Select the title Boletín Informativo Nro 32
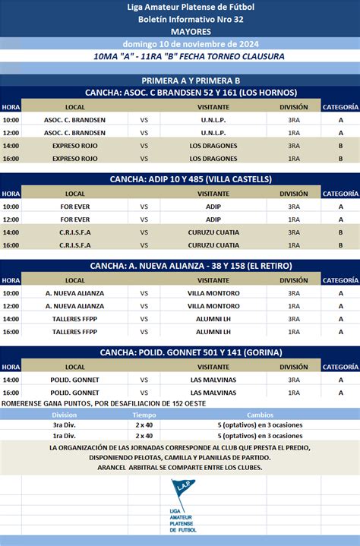coord(180,18)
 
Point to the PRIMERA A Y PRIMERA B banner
coord(180,80)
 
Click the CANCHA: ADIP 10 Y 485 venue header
coord(180,179)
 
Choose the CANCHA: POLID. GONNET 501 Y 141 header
coord(180,353)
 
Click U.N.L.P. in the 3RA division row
coord(213,120)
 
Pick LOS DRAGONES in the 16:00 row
coord(213,159)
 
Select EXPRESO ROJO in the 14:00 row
coord(75,146)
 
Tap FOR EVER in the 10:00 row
coord(75,207)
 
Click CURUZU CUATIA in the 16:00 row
coord(213,245)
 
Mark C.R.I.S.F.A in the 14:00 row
coord(75,232)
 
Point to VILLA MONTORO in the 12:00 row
coord(213,306)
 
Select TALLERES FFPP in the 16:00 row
coord(75,332)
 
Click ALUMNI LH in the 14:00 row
coord(213,319)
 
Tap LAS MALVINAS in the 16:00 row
coord(213,393)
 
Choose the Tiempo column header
coord(144,415)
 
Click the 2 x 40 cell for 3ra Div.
coord(144,425)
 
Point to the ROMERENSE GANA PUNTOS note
coord(103,403)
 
